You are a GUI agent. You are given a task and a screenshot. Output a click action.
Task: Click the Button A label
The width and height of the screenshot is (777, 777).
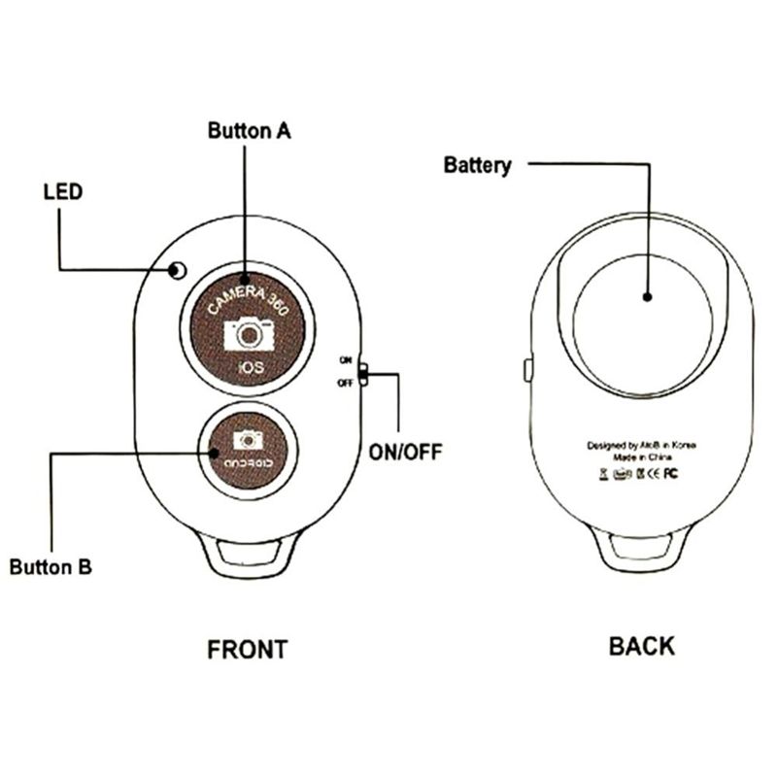tap(250, 130)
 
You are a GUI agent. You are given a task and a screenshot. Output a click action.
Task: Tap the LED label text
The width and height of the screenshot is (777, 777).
tap(63, 191)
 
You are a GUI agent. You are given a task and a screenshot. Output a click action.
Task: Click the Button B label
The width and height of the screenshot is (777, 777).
tap(51, 567)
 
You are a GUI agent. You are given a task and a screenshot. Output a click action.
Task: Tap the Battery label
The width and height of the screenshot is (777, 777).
tap(477, 165)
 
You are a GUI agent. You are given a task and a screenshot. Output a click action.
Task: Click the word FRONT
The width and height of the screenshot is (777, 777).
tap(248, 650)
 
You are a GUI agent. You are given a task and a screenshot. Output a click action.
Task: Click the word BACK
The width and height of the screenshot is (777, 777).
tap(641, 646)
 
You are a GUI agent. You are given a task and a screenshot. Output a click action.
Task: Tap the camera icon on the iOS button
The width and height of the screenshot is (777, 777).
tap(250, 335)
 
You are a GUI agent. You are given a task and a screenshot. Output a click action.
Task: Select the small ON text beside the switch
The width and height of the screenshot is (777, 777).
tap(344, 360)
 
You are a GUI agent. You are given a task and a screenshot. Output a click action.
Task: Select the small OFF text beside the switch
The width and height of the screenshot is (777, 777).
tap(344, 383)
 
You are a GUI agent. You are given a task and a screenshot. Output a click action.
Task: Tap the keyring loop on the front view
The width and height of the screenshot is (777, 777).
tap(249, 554)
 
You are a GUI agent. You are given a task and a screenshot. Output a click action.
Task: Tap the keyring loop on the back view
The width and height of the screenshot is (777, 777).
tap(642, 554)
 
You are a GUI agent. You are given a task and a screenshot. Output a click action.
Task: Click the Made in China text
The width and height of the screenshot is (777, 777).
tap(642, 458)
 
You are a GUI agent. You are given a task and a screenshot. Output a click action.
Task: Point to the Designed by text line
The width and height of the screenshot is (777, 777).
tap(642, 446)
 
